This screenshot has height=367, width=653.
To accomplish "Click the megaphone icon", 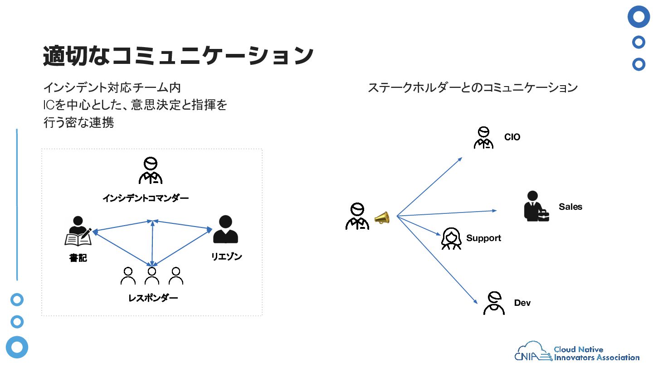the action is tap(382, 218).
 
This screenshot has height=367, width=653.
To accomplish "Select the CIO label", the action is tap(512, 137).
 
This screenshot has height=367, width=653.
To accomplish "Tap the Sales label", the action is tap(570, 207).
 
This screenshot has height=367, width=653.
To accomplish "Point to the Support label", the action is tap(483, 238).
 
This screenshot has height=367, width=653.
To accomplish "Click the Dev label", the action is tap(522, 303).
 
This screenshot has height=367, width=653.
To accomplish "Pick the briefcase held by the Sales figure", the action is tap(543, 216).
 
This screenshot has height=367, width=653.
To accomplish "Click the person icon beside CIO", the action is tap(483, 137).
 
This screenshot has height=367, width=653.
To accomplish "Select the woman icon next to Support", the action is tap(451, 238).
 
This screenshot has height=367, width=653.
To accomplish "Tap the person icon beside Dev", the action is tap(494, 303).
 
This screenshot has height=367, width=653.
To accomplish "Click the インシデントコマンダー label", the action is tap(146, 198).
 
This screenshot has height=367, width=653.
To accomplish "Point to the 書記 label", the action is tap(78, 258).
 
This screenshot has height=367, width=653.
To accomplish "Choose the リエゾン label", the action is tap(227, 256).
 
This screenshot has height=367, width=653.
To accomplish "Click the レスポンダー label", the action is tap(153, 298).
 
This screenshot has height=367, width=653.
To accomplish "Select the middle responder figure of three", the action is tap(152, 276).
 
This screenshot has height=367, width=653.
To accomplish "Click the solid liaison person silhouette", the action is tap(226, 229).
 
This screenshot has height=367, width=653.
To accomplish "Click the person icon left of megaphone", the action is tap(357, 216).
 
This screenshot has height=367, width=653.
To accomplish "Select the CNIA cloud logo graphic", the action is tap(533, 351).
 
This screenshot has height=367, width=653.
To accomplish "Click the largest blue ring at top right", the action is tap(638, 17).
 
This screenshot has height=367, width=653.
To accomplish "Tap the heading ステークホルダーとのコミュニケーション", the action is tap(473, 88).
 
